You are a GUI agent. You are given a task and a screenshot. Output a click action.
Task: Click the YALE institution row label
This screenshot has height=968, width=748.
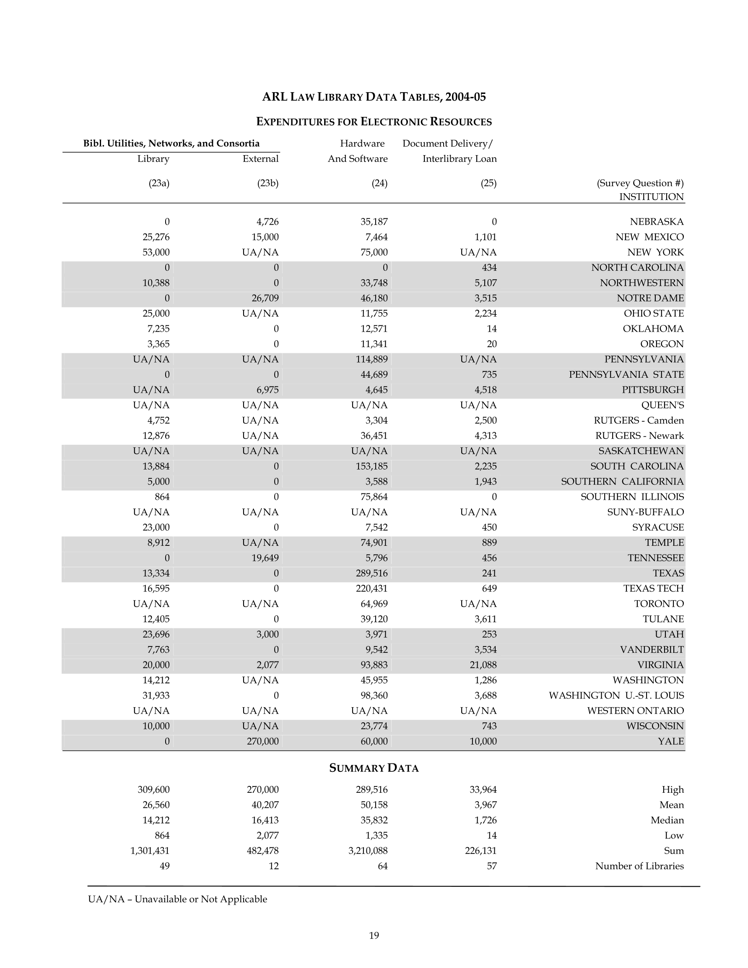[x=670, y=741]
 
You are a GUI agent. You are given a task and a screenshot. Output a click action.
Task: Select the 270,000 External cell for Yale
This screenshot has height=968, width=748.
[x=262, y=741]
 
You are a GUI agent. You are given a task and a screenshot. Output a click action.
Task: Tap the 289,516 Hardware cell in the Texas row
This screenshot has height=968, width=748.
[x=371, y=573]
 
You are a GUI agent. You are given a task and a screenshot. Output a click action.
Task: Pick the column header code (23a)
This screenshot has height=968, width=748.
[x=159, y=183]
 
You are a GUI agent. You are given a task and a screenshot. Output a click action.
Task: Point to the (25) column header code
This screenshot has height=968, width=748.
[x=488, y=183]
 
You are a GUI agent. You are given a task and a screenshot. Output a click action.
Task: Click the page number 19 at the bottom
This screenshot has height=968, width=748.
[x=374, y=935]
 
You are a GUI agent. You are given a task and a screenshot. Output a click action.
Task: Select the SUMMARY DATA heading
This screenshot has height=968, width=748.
[x=374, y=768]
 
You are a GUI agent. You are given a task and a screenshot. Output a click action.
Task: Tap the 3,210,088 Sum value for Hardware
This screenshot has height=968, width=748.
[x=368, y=851]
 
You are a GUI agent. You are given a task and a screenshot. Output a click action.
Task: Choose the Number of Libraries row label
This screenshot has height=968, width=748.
[x=639, y=866]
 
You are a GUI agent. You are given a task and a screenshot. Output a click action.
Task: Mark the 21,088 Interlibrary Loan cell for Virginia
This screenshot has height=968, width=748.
[x=483, y=665]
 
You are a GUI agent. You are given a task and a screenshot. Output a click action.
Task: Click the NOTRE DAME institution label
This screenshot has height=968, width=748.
[x=650, y=298]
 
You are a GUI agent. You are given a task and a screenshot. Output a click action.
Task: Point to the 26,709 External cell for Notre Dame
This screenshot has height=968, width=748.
[x=265, y=298]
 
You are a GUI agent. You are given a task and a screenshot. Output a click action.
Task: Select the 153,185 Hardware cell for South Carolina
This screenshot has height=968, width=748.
[x=371, y=466]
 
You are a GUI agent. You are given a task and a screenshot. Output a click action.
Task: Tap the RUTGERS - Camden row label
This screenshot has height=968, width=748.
[x=639, y=420]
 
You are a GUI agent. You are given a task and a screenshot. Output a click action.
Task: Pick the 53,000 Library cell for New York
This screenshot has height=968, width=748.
[x=156, y=252]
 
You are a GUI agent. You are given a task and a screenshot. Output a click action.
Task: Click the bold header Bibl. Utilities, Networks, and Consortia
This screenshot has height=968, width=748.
[x=171, y=143]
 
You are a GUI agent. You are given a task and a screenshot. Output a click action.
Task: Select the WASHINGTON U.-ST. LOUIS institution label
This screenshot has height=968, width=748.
[x=616, y=696]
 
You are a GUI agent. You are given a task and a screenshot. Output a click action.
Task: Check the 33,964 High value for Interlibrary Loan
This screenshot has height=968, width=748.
[x=483, y=789]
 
